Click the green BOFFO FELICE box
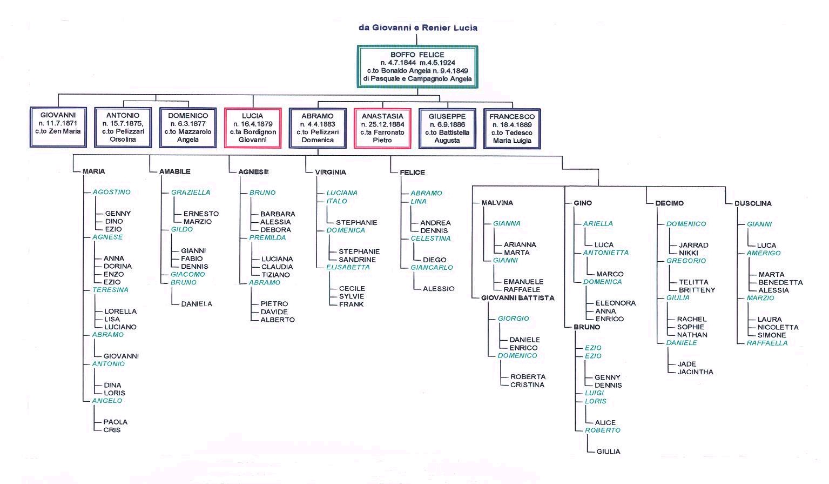417,67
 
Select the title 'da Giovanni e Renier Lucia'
418,28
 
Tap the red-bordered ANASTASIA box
382,128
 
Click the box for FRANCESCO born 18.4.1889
512,129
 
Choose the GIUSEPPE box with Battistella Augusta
447,129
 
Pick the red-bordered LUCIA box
253,128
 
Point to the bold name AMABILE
174,171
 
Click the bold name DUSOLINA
753,203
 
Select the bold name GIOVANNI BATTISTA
518,298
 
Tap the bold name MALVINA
497,203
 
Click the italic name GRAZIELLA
190,193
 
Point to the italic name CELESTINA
430,238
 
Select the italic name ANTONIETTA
605,253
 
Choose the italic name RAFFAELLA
767,343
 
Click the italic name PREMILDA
267,237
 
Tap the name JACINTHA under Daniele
695,372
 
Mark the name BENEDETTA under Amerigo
780,282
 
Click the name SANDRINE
357,260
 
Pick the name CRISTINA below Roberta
527,385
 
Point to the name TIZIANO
275,275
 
